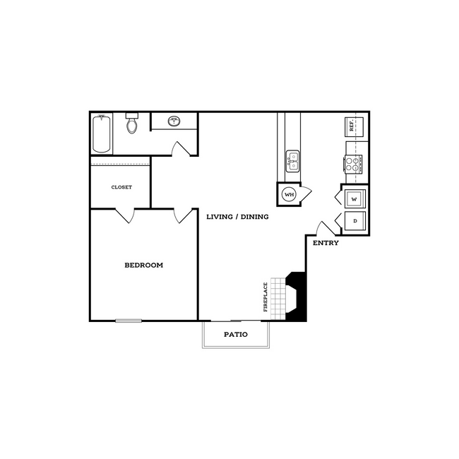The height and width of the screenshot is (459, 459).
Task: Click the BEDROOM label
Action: pyautogui.click(x=143, y=266)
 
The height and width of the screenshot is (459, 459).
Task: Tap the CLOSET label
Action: pyautogui.click(x=121, y=187)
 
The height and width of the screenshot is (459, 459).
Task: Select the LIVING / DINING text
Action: pyautogui.click(x=237, y=217)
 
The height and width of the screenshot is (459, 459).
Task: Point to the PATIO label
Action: pyautogui.click(x=236, y=334)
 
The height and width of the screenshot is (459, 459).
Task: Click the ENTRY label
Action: pyautogui.click(x=326, y=243)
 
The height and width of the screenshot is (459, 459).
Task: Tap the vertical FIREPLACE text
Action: pyautogui.click(x=266, y=297)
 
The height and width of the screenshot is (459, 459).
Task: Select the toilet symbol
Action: pyautogui.click(x=131, y=125)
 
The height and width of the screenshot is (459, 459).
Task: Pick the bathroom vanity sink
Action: pyautogui.click(x=174, y=121)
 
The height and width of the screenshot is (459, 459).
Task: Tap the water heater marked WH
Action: pyautogui.click(x=289, y=194)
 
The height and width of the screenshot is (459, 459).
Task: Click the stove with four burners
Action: pyautogui.click(x=353, y=164)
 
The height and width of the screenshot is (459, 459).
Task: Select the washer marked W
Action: pyautogui.click(x=354, y=199)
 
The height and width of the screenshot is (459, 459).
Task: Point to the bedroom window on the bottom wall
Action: pyautogui.click(x=129, y=321)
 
